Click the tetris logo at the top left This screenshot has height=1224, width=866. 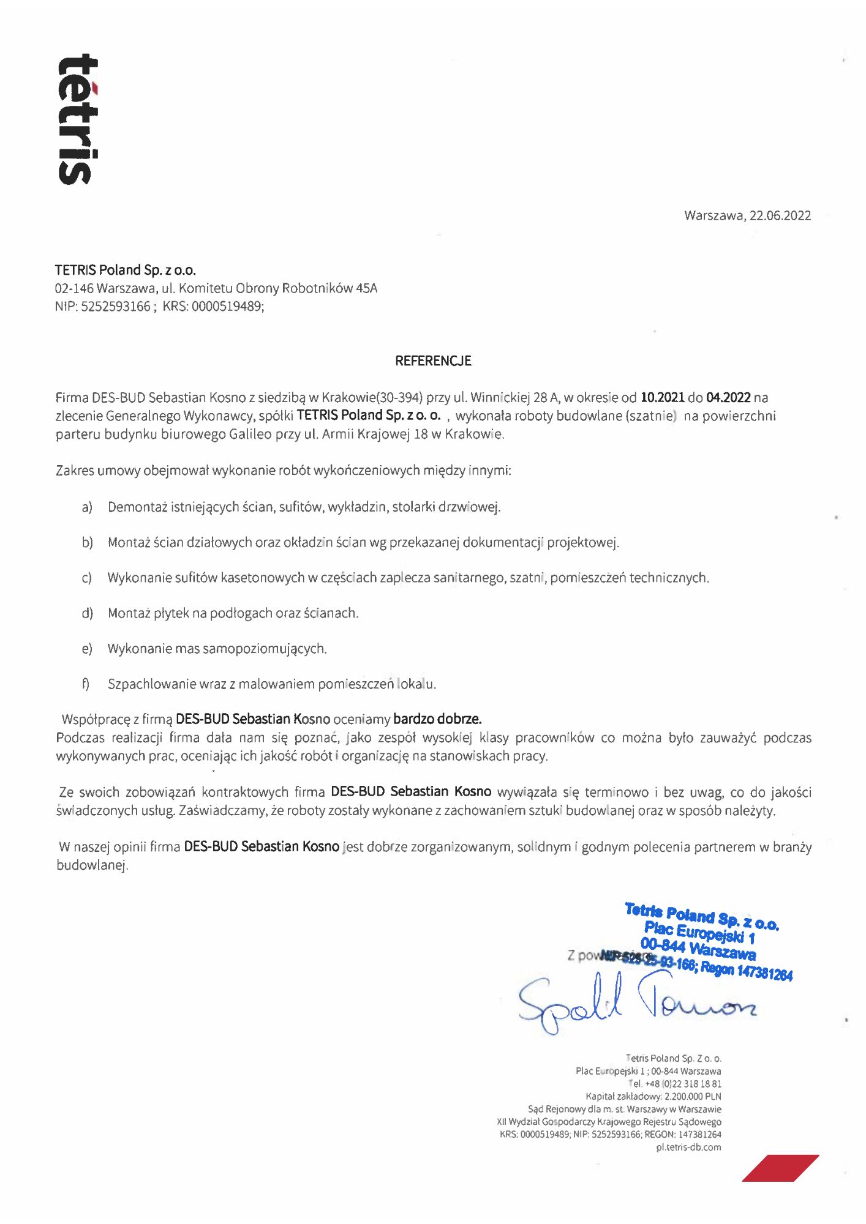click(x=78, y=119)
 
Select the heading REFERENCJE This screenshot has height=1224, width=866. click(x=433, y=361)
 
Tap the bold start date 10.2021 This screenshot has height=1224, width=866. click(x=662, y=398)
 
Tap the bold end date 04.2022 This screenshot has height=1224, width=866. click(x=728, y=398)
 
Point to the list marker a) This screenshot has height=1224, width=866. click(x=87, y=507)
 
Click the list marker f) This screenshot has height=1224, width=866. click(x=86, y=684)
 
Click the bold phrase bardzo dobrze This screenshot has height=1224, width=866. click(x=437, y=719)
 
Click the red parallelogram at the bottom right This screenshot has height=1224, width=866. click(x=780, y=1168)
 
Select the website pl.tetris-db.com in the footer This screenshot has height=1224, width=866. click(x=688, y=1147)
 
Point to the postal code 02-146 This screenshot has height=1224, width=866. click(x=74, y=288)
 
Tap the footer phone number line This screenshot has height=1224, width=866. click(x=675, y=1084)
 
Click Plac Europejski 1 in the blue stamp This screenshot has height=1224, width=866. click(x=699, y=933)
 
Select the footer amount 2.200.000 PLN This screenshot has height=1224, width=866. click(x=693, y=1097)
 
